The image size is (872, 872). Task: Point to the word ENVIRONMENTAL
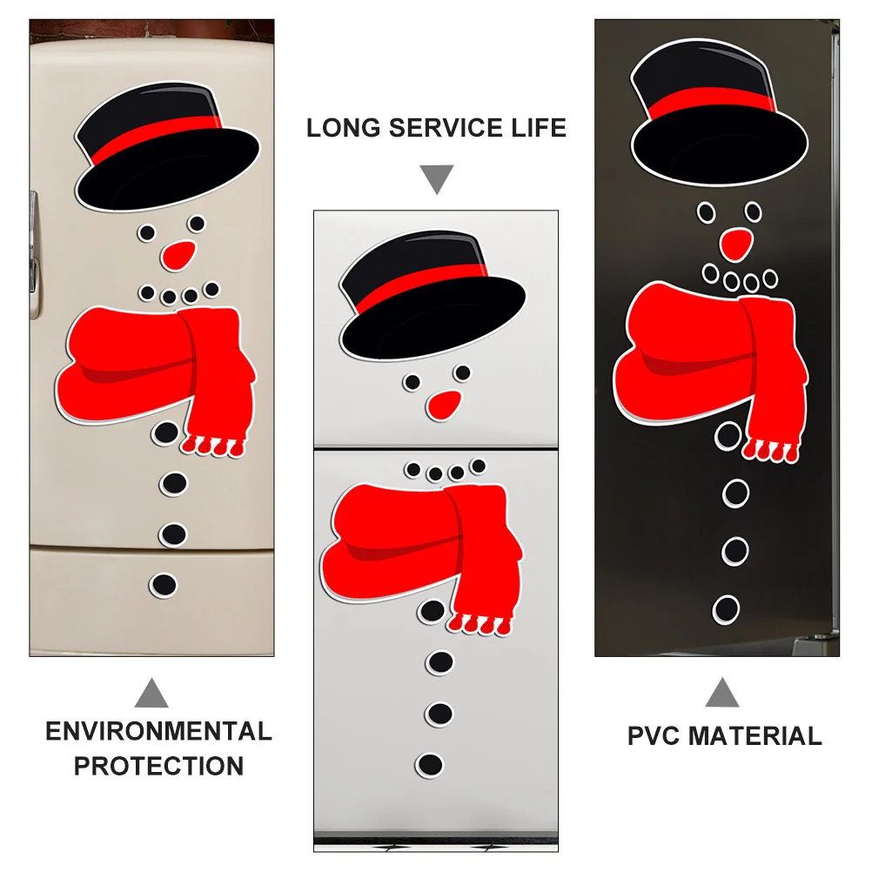[158, 731]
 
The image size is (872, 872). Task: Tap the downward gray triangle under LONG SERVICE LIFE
[437, 180]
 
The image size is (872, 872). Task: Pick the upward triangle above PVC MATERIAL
[722, 694]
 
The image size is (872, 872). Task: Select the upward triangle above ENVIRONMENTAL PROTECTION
[153, 694]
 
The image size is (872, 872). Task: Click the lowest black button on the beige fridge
[163, 584]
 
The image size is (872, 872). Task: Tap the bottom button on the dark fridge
[726, 609]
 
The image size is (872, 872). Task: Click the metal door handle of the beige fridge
[33, 252]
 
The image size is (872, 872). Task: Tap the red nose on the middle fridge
[445, 403]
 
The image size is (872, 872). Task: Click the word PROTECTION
[158, 767]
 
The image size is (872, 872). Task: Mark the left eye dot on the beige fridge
[148, 232]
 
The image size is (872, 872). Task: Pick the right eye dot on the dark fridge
[753, 211]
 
